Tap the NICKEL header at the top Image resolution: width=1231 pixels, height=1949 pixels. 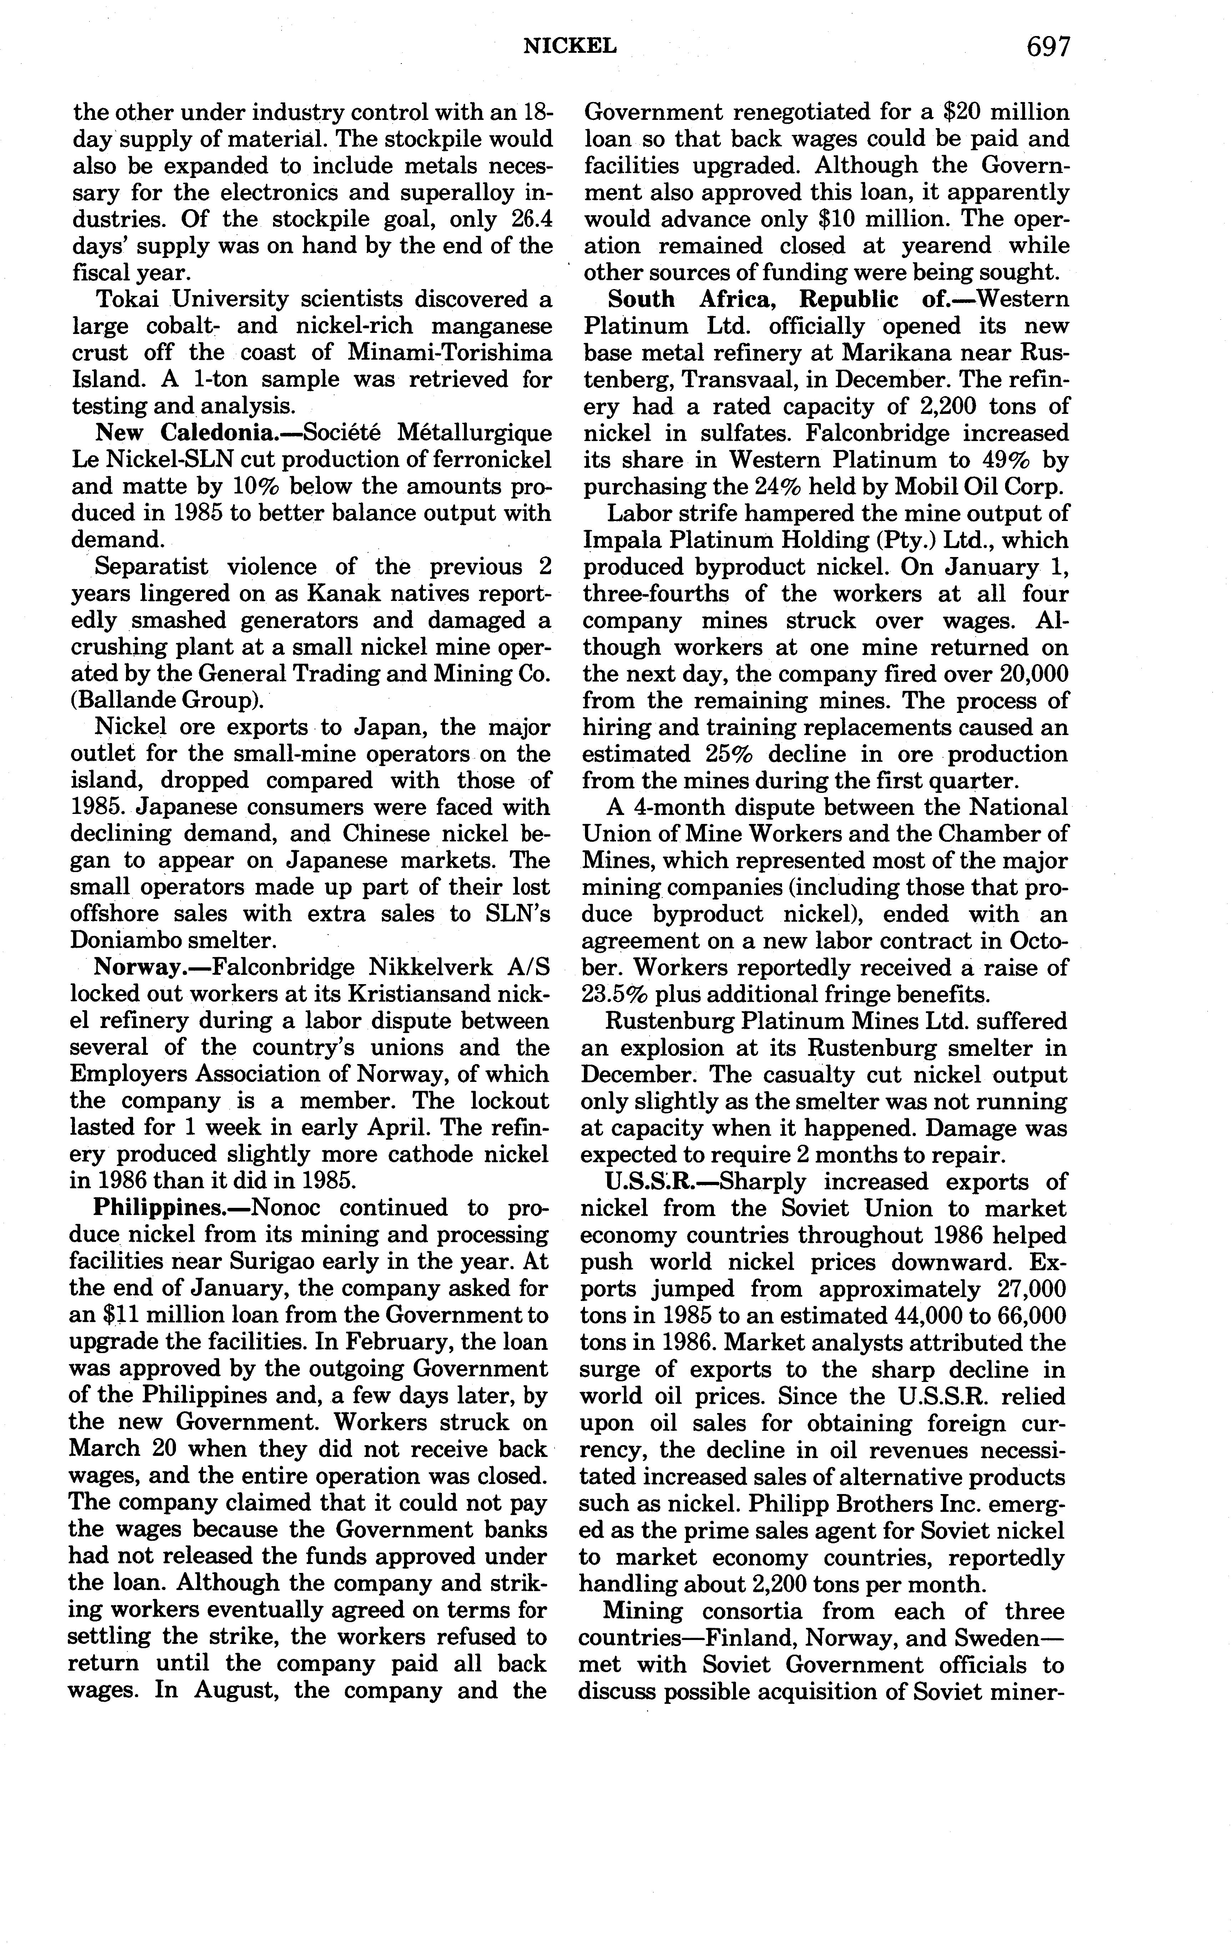(x=570, y=47)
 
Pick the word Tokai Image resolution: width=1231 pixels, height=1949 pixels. (x=129, y=299)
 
